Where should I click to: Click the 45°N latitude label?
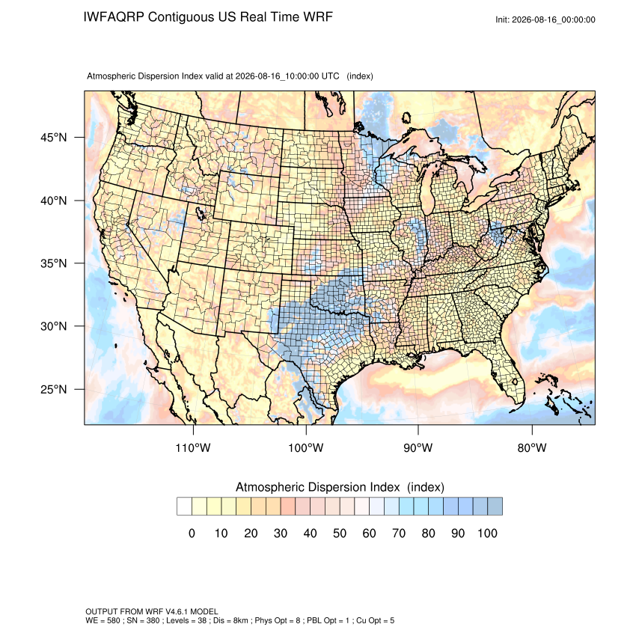53,138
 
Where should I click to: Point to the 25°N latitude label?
53,389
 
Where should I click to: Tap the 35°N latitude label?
53,263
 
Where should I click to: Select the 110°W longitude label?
193,447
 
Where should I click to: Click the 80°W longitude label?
532,447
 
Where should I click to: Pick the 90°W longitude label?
418,447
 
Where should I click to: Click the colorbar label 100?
487,533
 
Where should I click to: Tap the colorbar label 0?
192,533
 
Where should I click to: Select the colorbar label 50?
340,533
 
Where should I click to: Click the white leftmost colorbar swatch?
185,507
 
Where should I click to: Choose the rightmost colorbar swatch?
495,507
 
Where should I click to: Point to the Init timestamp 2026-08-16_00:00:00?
553,19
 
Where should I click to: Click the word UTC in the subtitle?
330,76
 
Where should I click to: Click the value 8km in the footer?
239,620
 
